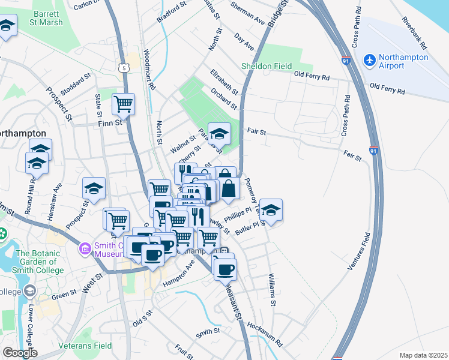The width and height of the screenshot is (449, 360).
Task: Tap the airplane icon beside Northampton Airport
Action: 369,61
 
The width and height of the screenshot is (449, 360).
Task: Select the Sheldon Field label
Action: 267,66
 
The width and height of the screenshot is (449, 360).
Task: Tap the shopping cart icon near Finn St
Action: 123,104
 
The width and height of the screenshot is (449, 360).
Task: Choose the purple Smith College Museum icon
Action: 85,248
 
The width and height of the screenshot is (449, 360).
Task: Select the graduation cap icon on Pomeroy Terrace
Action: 271,210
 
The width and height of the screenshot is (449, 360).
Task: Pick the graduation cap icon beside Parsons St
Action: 219,134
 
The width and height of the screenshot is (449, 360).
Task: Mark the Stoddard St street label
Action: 75,85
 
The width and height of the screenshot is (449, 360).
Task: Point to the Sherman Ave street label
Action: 249,14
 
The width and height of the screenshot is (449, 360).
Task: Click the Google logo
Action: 19,353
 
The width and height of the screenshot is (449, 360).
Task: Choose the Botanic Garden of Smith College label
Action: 40,262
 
